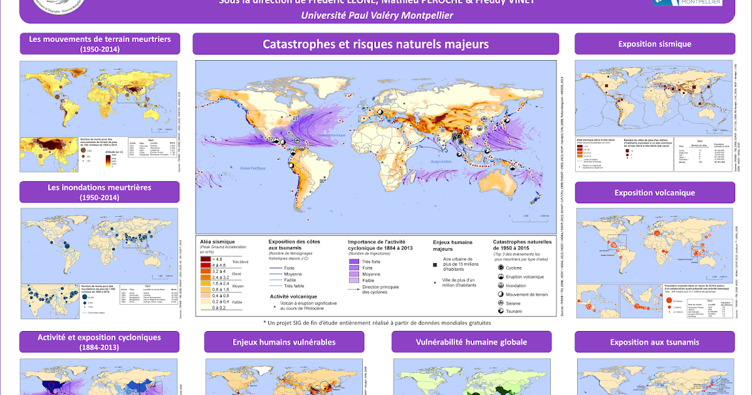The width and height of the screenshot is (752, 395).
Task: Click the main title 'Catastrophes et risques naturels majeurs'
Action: click(x=375, y=44)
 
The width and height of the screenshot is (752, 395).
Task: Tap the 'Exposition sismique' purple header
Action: click(x=654, y=44)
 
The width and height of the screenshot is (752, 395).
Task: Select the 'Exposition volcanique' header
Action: click(x=654, y=192)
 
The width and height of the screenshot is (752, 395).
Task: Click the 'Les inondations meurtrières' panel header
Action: click(x=100, y=192)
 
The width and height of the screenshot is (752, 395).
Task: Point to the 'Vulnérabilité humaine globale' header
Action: click(x=471, y=342)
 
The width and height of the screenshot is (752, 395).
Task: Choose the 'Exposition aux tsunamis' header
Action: click(x=654, y=342)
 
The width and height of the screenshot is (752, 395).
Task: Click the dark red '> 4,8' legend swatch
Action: click(x=206, y=258)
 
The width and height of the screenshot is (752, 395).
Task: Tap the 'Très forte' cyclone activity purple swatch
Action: click(x=354, y=261)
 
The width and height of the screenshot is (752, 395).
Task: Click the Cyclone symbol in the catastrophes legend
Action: click(x=501, y=268)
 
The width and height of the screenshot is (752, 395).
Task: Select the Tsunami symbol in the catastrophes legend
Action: click(x=501, y=310)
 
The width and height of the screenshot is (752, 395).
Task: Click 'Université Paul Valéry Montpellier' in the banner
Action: click(x=377, y=15)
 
